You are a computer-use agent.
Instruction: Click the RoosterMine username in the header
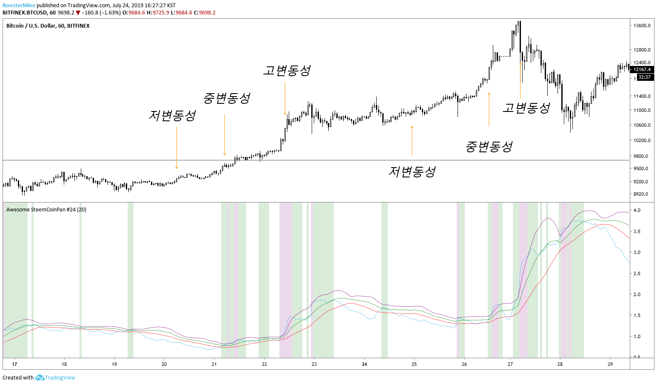tap(19, 6)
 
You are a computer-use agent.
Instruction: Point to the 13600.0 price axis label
tap(642, 26)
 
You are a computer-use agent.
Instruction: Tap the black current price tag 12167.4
tap(642, 69)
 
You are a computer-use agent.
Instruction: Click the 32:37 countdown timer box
tap(644, 77)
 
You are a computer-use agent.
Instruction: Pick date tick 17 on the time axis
tap(14, 364)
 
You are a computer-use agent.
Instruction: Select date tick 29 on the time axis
tap(610, 364)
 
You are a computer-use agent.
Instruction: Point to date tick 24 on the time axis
tap(364, 364)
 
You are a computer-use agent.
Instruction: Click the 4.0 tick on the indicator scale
tap(637, 210)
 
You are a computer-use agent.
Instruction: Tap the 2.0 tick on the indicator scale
tap(637, 294)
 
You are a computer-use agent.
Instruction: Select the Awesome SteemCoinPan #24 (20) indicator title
tap(46, 209)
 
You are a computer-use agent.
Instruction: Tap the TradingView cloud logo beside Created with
tap(40, 377)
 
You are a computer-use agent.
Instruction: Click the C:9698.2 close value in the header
tap(205, 13)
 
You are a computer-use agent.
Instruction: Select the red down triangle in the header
tap(78, 13)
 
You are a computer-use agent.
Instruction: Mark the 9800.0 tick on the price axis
tap(641, 156)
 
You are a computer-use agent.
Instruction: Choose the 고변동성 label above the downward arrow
tap(287, 71)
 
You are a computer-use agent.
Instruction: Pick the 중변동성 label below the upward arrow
tap(489, 147)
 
